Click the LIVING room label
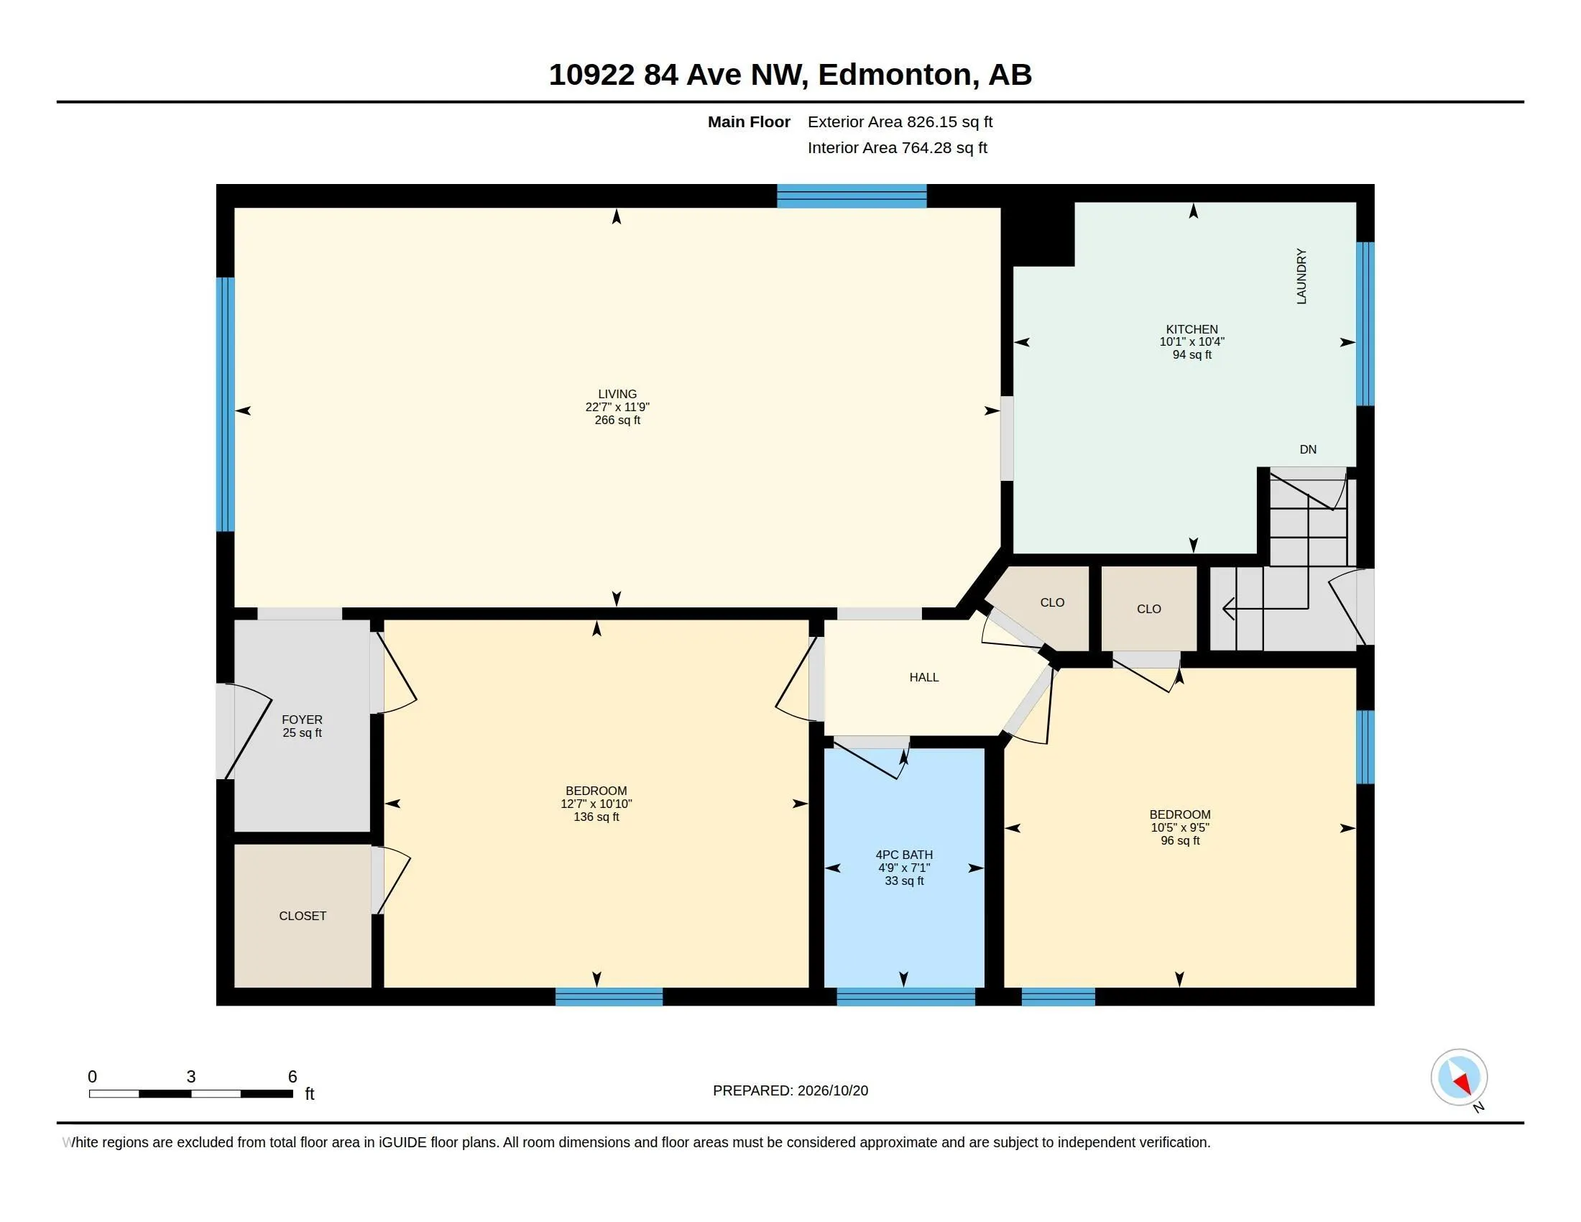click(x=617, y=394)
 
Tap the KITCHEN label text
click(x=1191, y=329)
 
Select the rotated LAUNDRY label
click(x=1301, y=276)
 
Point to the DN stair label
click(x=1307, y=449)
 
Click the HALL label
click(x=923, y=677)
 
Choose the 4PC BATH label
click(x=903, y=854)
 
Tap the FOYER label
click(x=302, y=720)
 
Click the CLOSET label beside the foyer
click(x=303, y=916)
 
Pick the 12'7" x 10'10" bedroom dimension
click(x=596, y=804)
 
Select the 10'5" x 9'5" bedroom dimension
click(x=1180, y=827)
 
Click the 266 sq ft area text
click(x=617, y=420)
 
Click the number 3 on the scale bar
click(x=191, y=1077)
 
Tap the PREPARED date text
click(x=790, y=1090)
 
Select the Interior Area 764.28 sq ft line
click(x=897, y=147)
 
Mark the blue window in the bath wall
click(x=905, y=997)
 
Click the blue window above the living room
click(x=852, y=196)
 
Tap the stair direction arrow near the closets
click(x=1265, y=608)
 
